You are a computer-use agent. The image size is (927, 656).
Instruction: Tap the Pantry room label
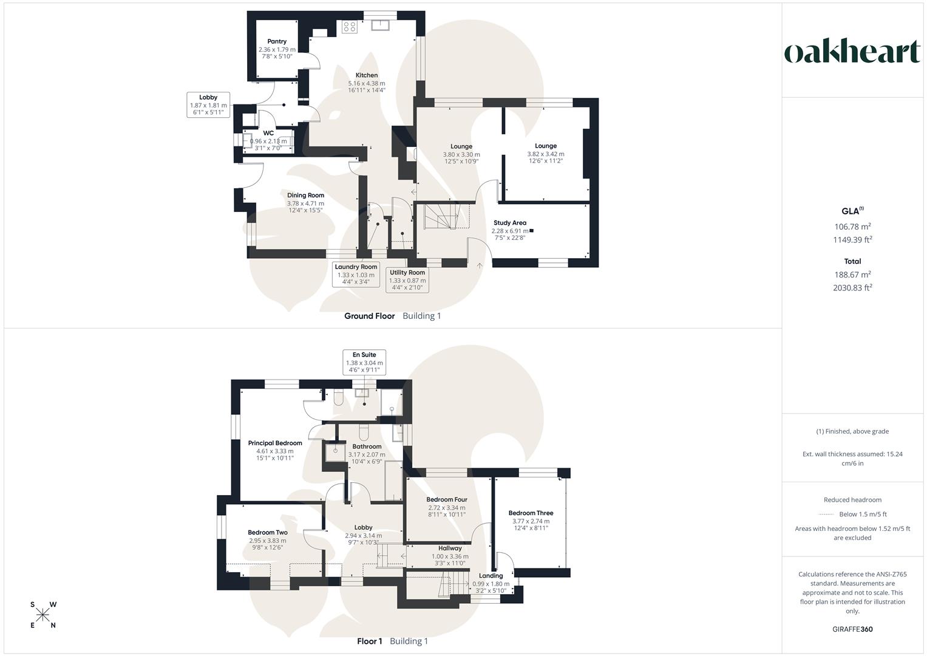(277, 41)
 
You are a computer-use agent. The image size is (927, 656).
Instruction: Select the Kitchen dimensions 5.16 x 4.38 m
(367, 83)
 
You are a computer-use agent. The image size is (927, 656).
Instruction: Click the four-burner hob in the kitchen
(350, 27)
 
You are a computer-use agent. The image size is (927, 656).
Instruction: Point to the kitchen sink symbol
(380, 26)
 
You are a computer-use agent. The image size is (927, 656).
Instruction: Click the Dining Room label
(306, 195)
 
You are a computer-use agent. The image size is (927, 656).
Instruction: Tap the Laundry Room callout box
(356, 274)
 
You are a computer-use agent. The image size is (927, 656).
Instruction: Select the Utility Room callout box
(407, 280)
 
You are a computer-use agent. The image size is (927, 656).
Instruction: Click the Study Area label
(510, 223)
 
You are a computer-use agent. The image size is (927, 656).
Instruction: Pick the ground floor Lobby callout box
(208, 104)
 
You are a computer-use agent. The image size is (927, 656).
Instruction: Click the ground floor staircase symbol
(447, 216)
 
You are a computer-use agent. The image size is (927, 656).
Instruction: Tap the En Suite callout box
(364, 363)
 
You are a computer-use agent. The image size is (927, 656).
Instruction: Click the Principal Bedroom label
(275, 443)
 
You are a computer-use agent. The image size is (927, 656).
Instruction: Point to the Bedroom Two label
(268, 532)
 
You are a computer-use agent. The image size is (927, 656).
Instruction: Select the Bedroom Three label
(531, 513)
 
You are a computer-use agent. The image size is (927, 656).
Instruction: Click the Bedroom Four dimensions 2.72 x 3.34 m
(447, 508)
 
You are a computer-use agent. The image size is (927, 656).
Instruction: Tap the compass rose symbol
(42, 615)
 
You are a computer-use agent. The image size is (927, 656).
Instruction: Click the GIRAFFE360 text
(852, 629)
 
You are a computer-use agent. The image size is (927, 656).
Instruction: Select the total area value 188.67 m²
(852, 275)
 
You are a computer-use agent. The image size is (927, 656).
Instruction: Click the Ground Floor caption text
(370, 316)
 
